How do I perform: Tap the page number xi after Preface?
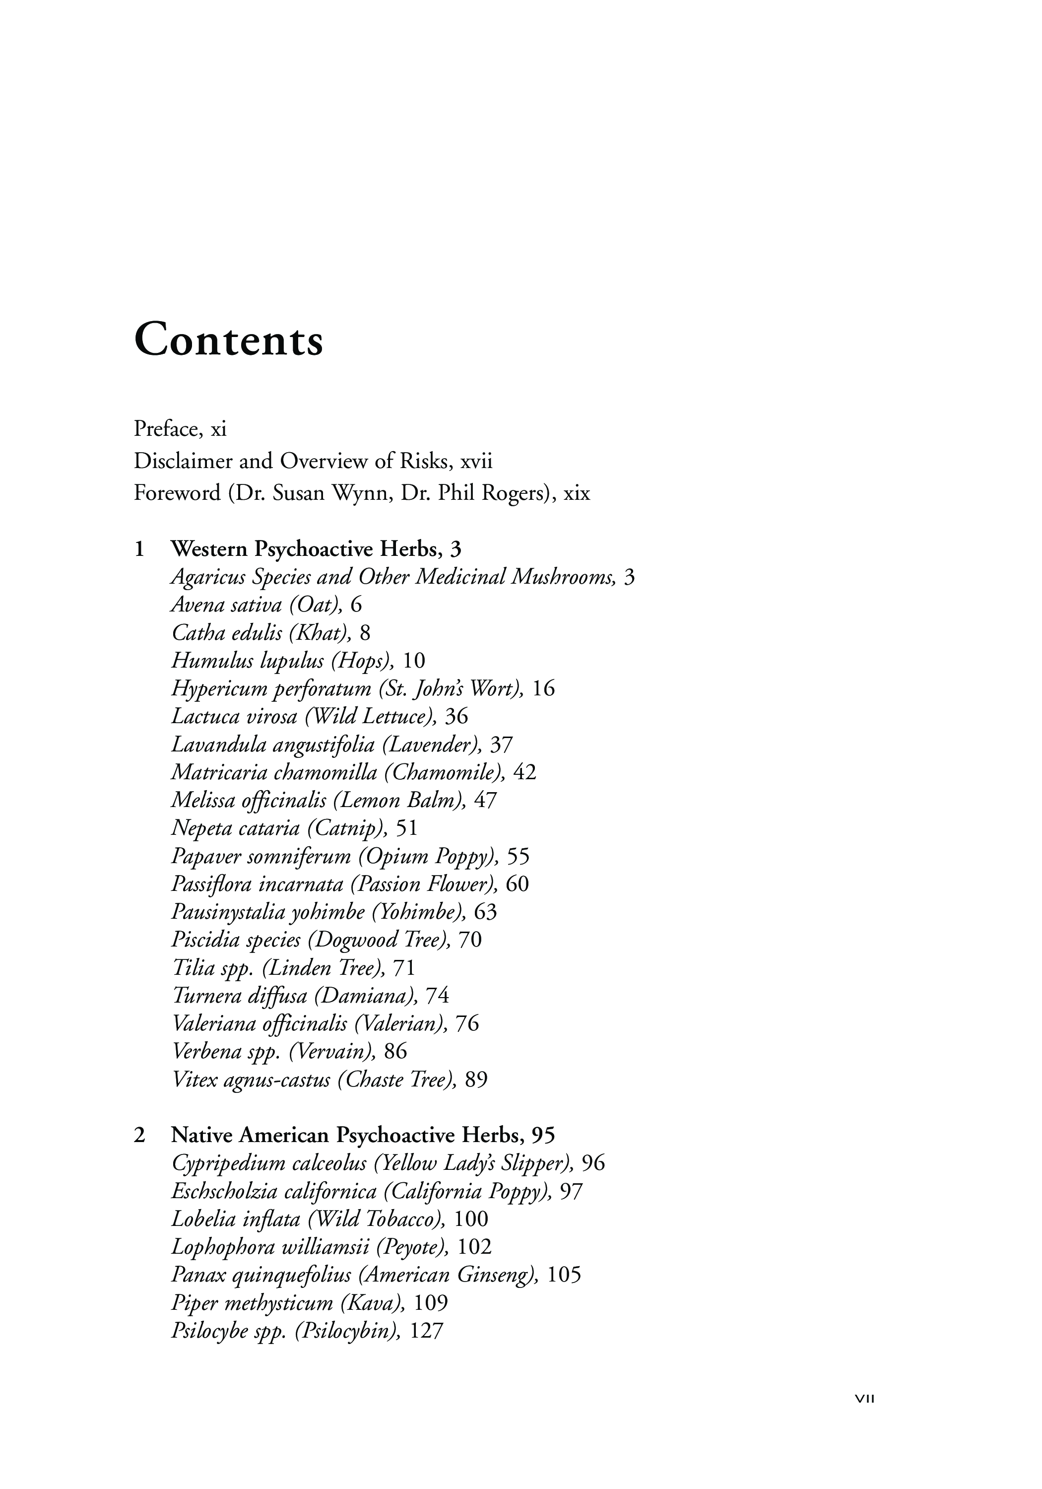point(218,429)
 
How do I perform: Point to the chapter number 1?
point(139,549)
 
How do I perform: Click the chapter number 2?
point(139,1135)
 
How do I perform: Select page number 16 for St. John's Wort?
point(543,689)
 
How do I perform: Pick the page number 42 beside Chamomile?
point(524,772)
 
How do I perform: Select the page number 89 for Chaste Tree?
point(476,1080)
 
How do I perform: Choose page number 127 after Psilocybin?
point(427,1331)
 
